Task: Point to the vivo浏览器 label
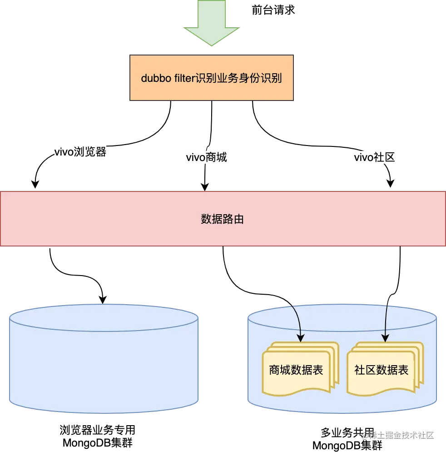click(x=80, y=152)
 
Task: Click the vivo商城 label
click(x=207, y=158)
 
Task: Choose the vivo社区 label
click(x=374, y=158)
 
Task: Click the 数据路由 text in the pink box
click(x=223, y=219)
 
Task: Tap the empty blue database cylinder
click(x=104, y=359)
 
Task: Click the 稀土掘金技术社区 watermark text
click(x=398, y=435)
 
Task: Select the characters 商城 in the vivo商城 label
click(x=217, y=158)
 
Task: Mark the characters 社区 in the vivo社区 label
click(x=384, y=158)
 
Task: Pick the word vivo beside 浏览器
click(x=64, y=152)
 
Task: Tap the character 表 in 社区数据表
click(x=403, y=370)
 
